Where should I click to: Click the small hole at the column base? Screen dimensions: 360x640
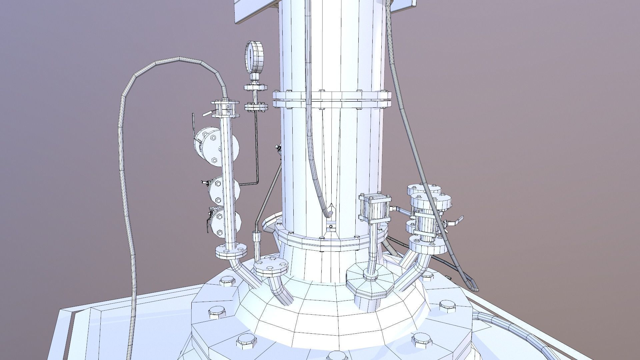click(330, 227)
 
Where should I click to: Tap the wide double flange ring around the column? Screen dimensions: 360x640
click(332, 99)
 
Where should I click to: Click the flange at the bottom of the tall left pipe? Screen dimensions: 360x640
click(231, 251)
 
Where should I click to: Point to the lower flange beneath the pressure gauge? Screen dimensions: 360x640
click(256, 107)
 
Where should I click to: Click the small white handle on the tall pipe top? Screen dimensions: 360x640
click(207, 114)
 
